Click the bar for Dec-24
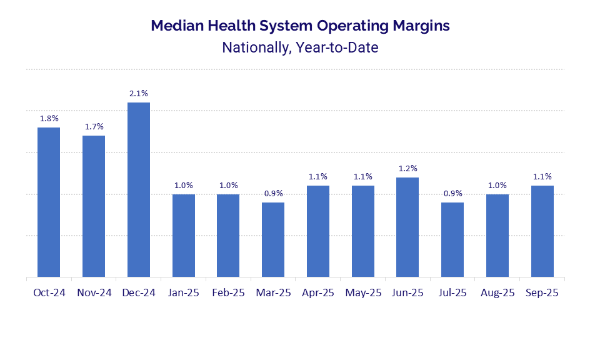coord(139,189)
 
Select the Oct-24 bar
coord(49,202)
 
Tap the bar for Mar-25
coord(273,239)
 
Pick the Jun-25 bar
coord(407,227)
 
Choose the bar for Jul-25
coord(452,239)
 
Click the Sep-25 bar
coord(542,231)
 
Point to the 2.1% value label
coord(139,94)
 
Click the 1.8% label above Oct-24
coord(49,118)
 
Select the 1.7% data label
coord(94,127)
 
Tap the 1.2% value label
coord(407,169)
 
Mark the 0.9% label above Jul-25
coord(452,194)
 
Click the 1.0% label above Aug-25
coord(497,186)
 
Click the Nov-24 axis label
coord(94,292)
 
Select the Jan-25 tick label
coord(184,292)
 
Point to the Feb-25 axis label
coord(228,292)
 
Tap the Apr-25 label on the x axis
coord(318,292)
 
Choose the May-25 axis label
coord(363,292)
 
